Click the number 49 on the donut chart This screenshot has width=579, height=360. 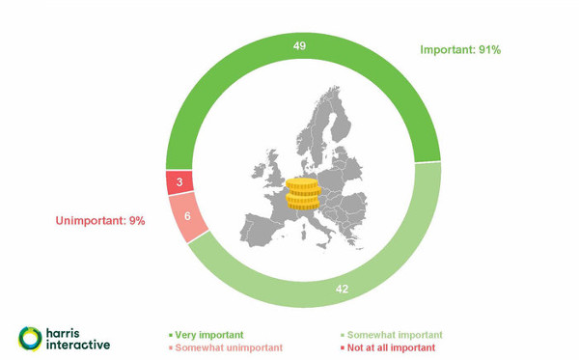pos(299,45)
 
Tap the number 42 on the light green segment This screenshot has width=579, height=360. pos(342,289)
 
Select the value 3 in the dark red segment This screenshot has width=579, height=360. pos(179,181)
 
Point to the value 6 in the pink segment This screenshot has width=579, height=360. pos(187,216)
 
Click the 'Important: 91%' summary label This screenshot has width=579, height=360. pos(460,50)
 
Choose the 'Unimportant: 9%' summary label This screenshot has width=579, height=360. pos(100,221)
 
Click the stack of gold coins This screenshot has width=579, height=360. pos(303,194)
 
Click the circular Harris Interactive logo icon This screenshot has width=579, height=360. pos(30,339)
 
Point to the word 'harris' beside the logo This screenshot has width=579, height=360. pos(63,333)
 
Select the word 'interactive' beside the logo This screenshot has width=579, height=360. pos(78,345)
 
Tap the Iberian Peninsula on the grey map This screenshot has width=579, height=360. pos(260,229)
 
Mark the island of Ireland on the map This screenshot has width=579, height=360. pos(259,172)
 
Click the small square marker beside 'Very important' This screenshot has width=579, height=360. pos(171,335)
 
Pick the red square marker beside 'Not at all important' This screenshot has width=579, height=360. pos(343,347)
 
